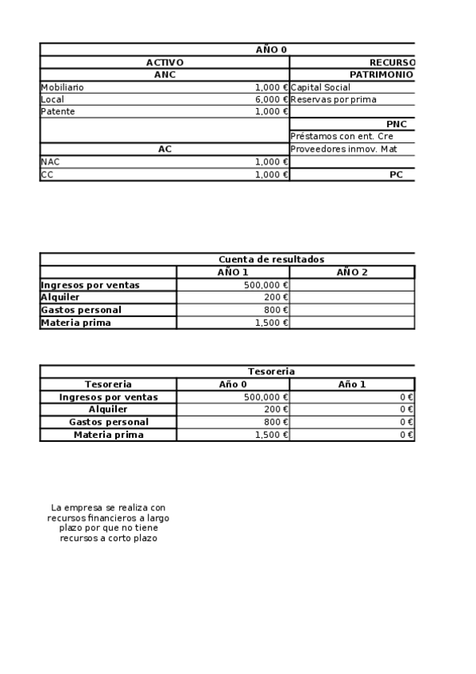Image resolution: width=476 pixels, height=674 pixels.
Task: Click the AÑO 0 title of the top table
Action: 271,49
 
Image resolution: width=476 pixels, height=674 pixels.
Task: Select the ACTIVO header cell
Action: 164,62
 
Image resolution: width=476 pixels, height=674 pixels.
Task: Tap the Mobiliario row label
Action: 62,87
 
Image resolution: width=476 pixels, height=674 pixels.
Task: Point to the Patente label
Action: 57,112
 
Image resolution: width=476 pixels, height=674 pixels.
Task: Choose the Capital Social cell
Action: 320,87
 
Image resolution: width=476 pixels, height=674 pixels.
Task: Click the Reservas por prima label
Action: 334,99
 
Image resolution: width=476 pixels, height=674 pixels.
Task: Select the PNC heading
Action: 397,124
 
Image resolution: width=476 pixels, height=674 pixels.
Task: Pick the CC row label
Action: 47,174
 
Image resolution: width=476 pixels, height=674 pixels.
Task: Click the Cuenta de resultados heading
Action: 271,259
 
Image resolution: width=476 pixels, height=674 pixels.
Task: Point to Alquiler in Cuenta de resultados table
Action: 60,297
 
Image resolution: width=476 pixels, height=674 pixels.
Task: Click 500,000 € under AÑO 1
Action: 266,285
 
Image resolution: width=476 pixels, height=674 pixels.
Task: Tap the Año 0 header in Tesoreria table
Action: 233,384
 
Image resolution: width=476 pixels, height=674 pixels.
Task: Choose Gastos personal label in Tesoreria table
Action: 108,422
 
